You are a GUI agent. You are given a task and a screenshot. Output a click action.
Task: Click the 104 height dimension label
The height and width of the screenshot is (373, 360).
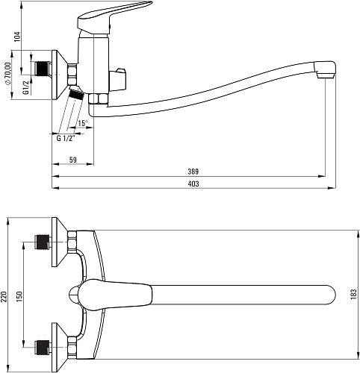click(x=16, y=37)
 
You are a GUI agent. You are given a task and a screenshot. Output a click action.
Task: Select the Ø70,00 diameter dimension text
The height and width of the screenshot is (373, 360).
click(x=8, y=73)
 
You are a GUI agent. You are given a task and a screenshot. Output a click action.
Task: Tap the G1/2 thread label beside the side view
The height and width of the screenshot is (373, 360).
click(x=26, y=88)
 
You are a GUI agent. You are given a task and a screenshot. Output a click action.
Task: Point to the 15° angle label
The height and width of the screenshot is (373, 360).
click(x=83, y=123)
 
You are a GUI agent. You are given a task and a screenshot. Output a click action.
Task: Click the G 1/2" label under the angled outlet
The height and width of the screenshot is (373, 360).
click(x=66, y=138)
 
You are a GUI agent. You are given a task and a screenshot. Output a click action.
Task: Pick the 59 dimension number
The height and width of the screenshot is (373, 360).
click(x=73, y=160)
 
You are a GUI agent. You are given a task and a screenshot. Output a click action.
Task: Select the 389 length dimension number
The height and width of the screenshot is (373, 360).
click(x=193, y=172)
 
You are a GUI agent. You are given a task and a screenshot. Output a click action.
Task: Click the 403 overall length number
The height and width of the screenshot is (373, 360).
click(x=193, y=184)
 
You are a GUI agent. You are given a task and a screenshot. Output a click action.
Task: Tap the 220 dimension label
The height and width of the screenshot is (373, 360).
click(x=4, y=297)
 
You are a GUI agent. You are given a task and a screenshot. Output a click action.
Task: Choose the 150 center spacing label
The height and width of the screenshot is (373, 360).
click(x=19, y=297)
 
